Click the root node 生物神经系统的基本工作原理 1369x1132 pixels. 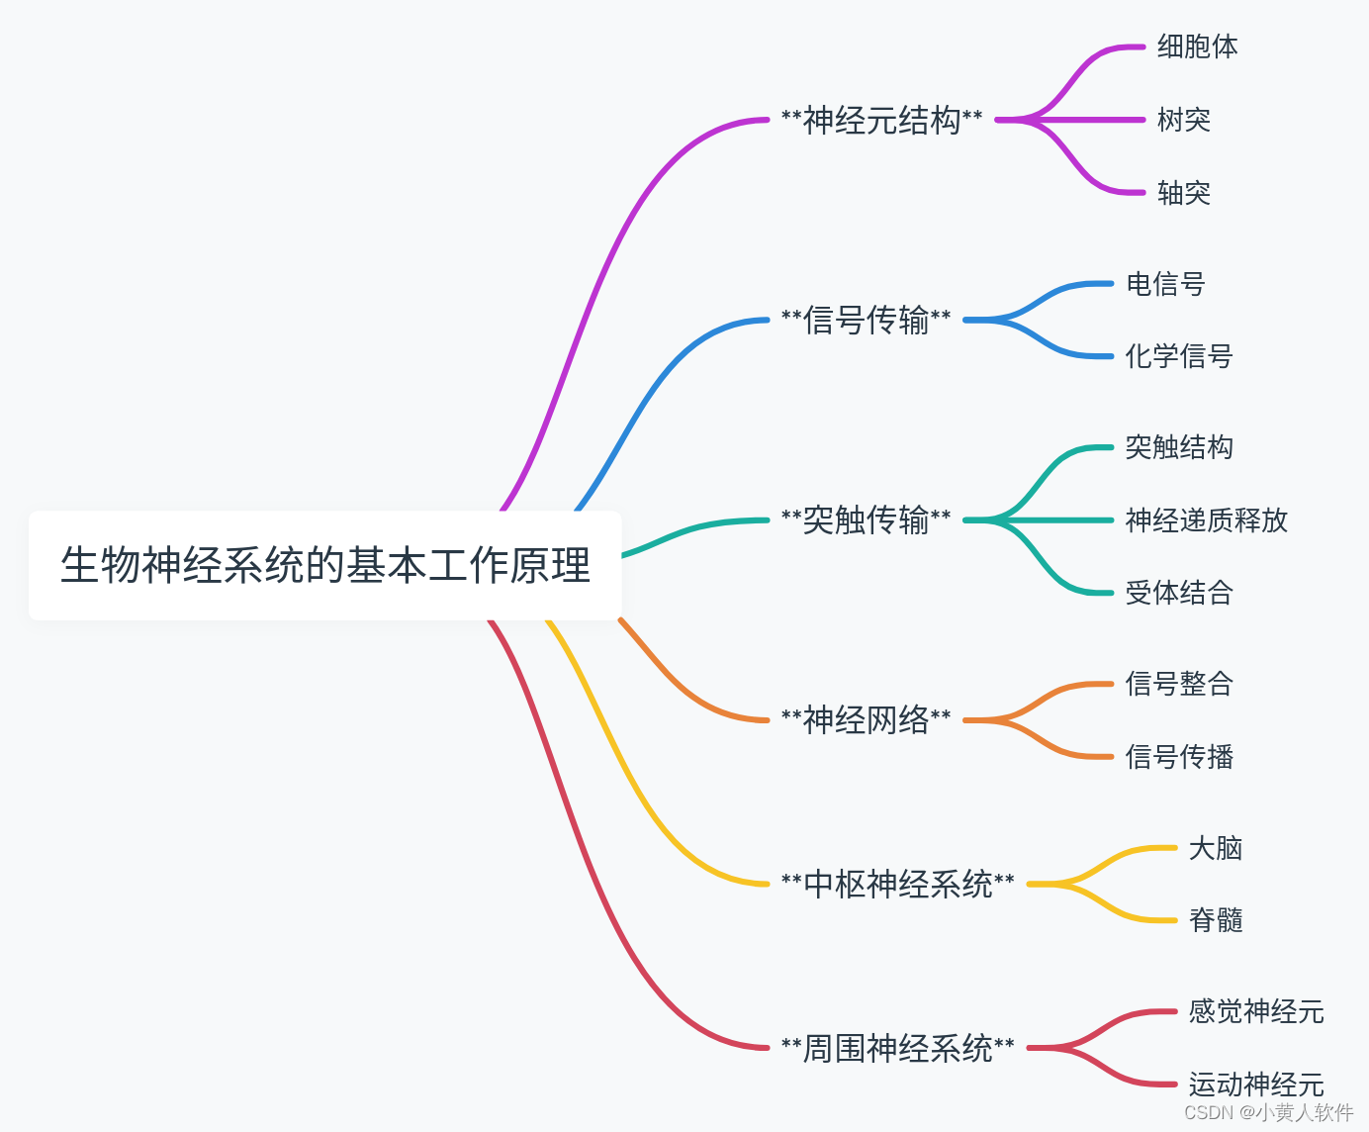point(325,566)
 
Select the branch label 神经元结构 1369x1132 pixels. point(881,121)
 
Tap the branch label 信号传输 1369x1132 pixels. point(866,321)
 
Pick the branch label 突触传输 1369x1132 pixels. point(866,520)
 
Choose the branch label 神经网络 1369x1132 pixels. point(866,720)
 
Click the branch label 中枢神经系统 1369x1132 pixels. point(897,884)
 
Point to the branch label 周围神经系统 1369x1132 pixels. point(897,1048)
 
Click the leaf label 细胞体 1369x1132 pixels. point(1197,47)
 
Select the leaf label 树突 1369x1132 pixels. point(1183,120)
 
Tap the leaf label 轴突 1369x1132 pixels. point(1183,193)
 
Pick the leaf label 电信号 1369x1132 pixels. point(1165,284)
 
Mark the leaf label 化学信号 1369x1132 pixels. point(1179,356)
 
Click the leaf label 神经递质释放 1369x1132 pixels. point(1206,520)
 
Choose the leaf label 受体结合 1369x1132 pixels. point(1179,593)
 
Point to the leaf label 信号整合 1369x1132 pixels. point(1179,684)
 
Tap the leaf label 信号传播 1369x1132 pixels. point(1179,757)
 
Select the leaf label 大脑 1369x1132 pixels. point(1215,848)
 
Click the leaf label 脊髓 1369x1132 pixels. point(1215,920)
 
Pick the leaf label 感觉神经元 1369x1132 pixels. point(1255,1011)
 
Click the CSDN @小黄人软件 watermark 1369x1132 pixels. point(1268,1112)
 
